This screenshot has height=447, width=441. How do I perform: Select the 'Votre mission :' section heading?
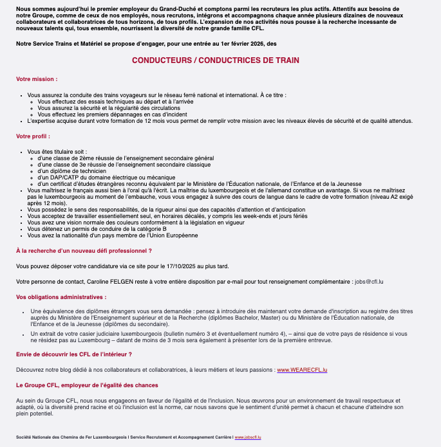[37, 79]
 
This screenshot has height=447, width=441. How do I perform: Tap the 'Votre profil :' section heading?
[33, 136]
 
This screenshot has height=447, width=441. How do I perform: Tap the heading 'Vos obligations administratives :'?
[61, 297]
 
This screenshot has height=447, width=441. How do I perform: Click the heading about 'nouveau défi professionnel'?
[84, 250]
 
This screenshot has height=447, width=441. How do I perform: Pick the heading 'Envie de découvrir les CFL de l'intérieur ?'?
[79, 354]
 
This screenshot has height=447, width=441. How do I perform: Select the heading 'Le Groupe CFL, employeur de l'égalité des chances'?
[87, 385]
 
